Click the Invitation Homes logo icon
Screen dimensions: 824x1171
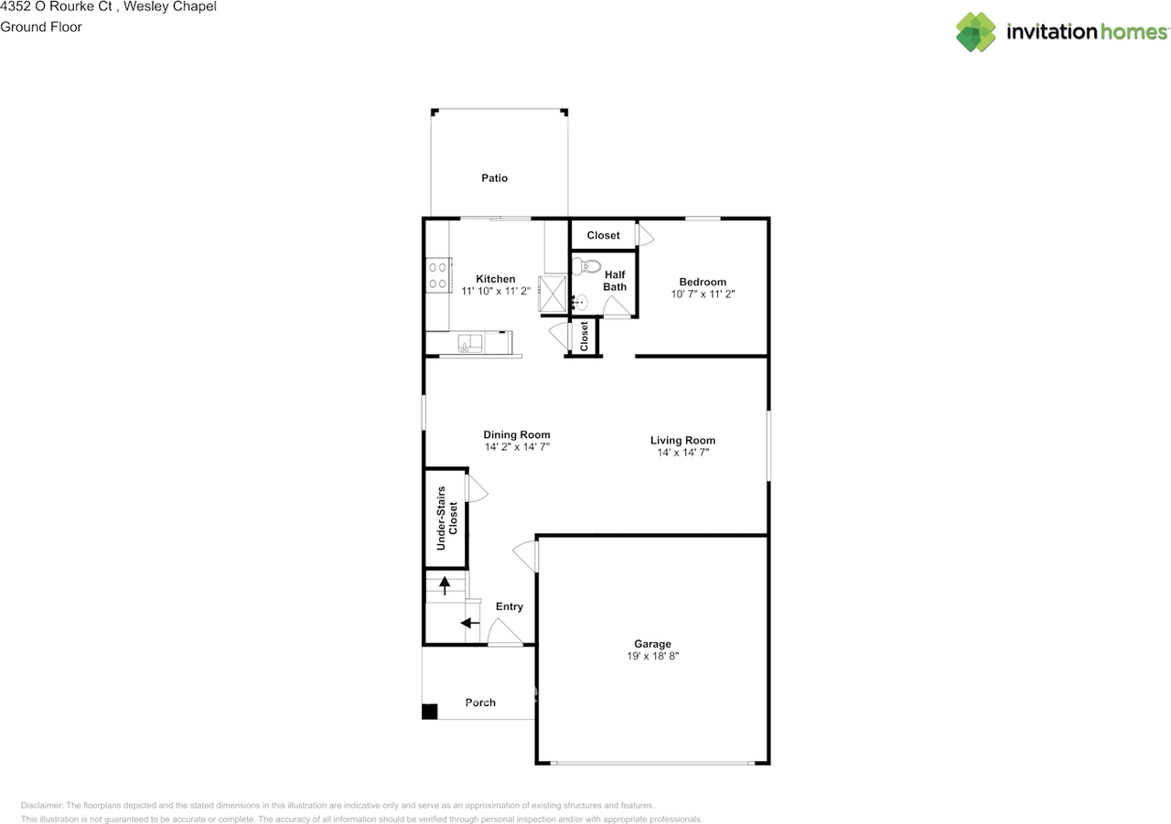[976, 32]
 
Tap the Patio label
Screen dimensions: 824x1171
[495, 178]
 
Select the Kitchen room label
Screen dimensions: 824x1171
[496, 279]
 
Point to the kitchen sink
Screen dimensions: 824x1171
[470, 343]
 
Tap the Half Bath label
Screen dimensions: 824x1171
[615, 281]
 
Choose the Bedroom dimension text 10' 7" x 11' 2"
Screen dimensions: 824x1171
[703, 294]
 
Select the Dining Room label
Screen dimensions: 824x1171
[517, 435]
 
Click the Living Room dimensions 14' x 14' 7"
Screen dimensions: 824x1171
[682, 453]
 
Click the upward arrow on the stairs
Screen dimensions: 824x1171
[446, 583]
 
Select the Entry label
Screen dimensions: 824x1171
[510, 606]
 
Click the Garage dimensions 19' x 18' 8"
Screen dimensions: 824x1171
[653, 657]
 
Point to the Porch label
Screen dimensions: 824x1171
[480, 702]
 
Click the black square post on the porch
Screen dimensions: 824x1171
[429, 712]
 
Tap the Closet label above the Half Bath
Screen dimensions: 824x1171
[604, 235]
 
